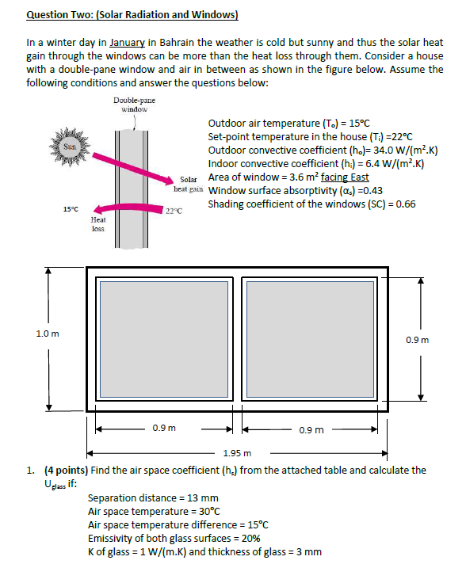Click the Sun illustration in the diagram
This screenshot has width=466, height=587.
point(70,147)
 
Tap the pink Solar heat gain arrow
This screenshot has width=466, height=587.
point(130,169)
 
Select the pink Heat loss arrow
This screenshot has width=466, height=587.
point(129,208)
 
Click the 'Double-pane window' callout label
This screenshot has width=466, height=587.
point(134,105)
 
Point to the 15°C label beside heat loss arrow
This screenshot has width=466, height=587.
point(71,209)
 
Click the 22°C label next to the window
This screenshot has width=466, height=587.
point(174,212)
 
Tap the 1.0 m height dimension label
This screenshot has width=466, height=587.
point(48,334)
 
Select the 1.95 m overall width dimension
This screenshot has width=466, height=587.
point(237,453)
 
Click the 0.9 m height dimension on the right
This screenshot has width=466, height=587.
point(418,340)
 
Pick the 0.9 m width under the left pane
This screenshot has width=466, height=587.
point(164,428)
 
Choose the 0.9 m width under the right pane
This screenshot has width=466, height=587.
point(311,430)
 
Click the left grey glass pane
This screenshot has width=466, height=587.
point(164,339)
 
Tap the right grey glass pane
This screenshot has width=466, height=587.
point(310,339)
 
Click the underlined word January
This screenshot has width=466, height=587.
point(127,43)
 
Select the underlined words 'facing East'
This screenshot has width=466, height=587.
point(345,177)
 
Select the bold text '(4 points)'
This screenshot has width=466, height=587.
point(66,471)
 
